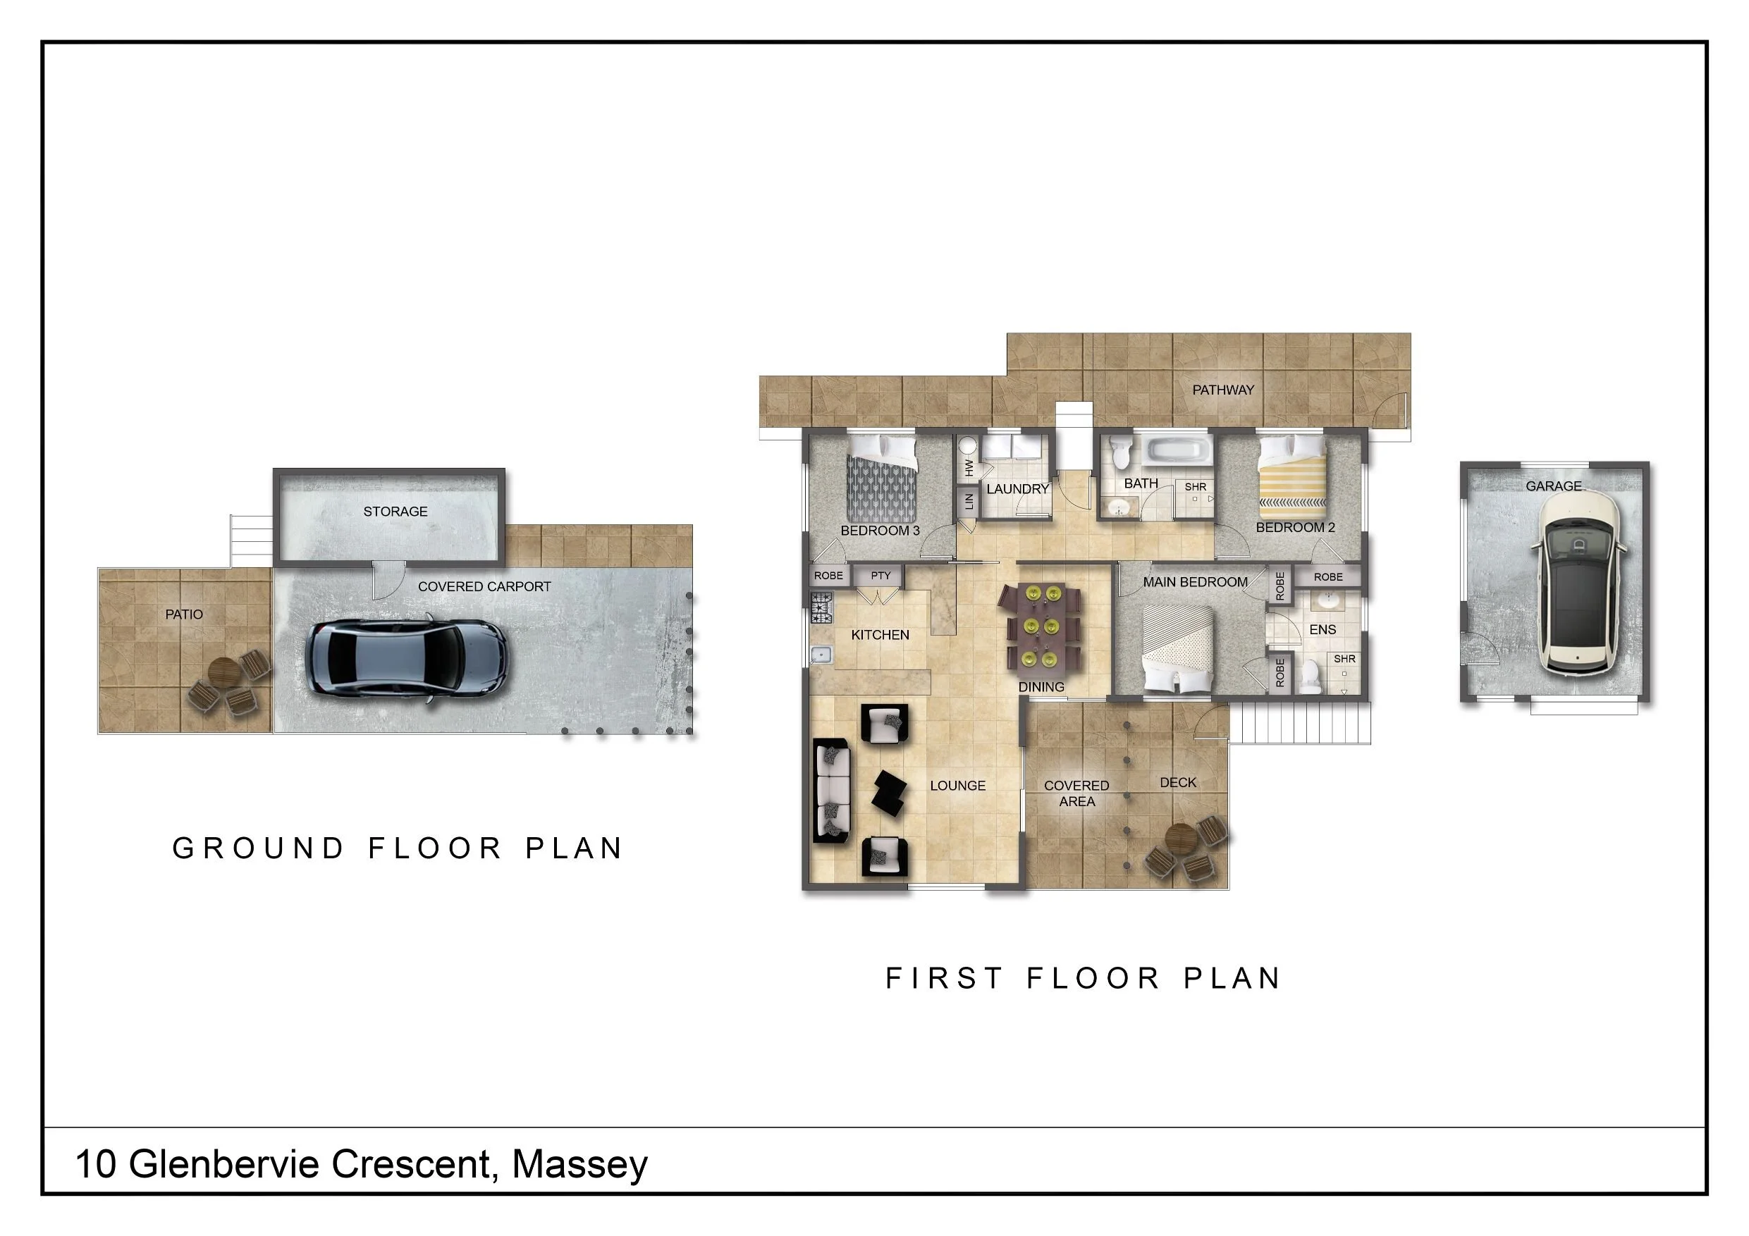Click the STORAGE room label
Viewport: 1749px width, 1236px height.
coord(395,512)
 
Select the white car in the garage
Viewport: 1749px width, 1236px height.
coord(1580,583)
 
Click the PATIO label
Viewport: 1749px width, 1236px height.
coord(184,614)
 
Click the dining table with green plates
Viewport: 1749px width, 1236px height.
coord(1041,629)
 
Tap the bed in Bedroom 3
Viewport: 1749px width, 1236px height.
coord(882,479)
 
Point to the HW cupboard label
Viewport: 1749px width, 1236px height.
coord(969,468)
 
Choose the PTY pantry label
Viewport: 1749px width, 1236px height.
coord(880,576)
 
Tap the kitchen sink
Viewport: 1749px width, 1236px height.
coord(821,655)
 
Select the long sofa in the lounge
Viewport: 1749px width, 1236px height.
coord(832,791)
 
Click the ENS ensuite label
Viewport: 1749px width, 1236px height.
coord(1323,630)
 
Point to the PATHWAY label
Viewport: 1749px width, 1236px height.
coord(1222,390)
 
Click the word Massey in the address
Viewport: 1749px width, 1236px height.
coord(579,1163)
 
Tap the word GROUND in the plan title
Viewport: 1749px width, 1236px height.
coord(258,848)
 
